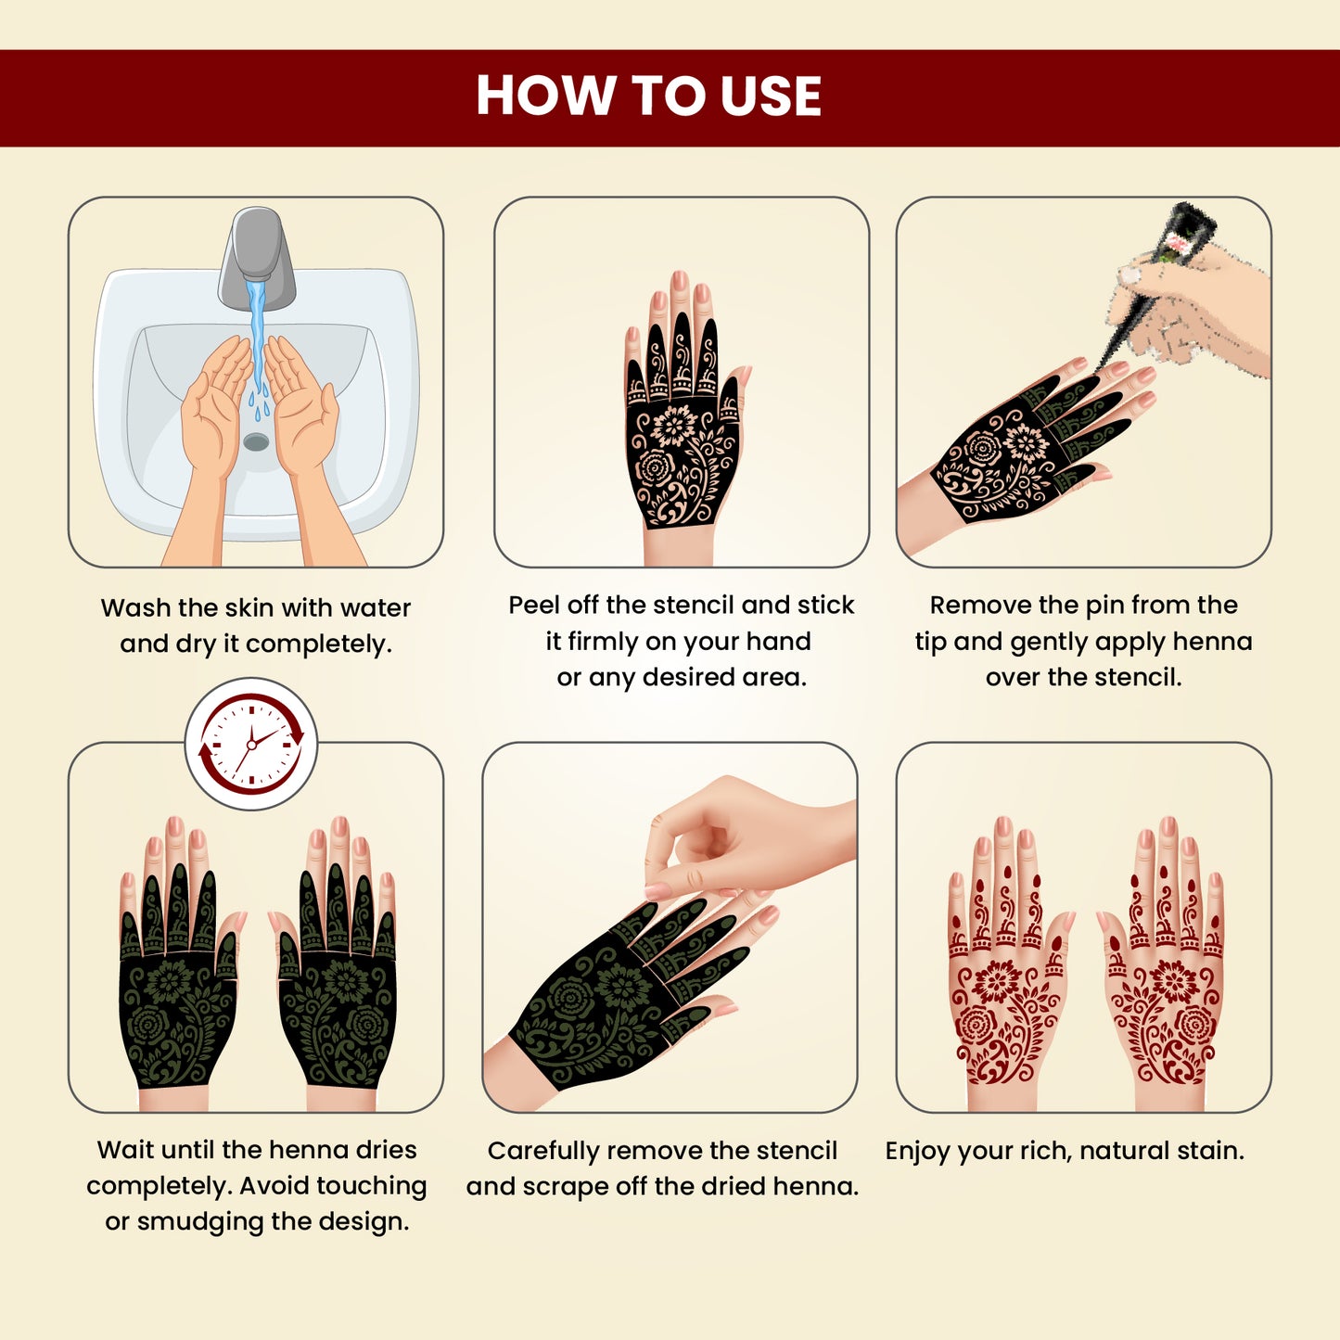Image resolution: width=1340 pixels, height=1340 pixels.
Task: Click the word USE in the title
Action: click(771, 96)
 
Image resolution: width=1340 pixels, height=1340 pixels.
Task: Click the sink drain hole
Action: click(256, 442)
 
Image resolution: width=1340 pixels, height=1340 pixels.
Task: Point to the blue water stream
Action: click(256, 334)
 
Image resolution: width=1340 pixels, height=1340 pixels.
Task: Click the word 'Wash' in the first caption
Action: click(135, 608)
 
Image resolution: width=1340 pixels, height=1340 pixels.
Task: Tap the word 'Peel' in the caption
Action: click(534, 606)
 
